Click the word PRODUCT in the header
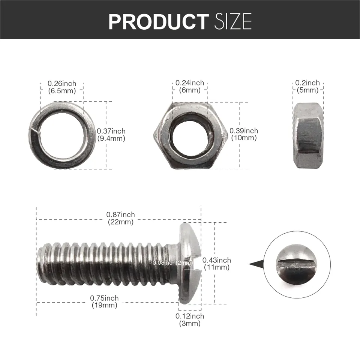[x=158, y=22]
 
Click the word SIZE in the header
[x=233, y=22]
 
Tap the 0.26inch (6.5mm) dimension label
[x=62, y=87]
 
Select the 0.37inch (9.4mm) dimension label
[x=111, y=135]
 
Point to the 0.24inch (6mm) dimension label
[x=190, y=86]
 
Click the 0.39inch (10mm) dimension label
[x=244, y=134]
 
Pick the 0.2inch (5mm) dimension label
[x=307, y=86]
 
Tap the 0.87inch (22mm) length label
[x=120, y=218]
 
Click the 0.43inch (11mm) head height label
[x=217, y=264]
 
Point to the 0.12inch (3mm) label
[x=190, y=319]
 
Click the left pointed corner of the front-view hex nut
[x=154, y=134]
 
